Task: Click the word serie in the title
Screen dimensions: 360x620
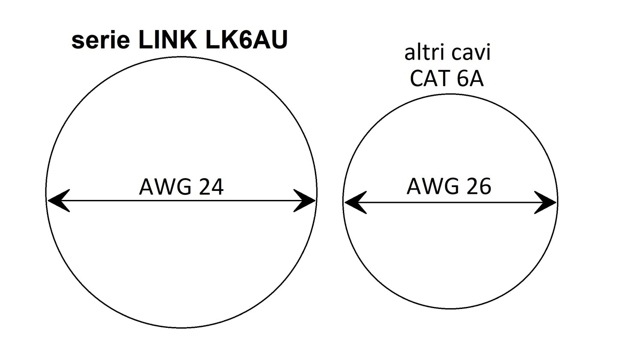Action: pyautogui.click(x=100, y=41)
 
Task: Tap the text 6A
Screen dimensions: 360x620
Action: pyautogui.click(x=471, y=79)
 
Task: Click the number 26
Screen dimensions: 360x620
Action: pyautogui.click(x=478, y=187)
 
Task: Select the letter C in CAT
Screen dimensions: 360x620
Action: pyautogui.click(x=418, y=79)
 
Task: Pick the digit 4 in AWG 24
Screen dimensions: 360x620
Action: pyautogui.click(x=217, y=188)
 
